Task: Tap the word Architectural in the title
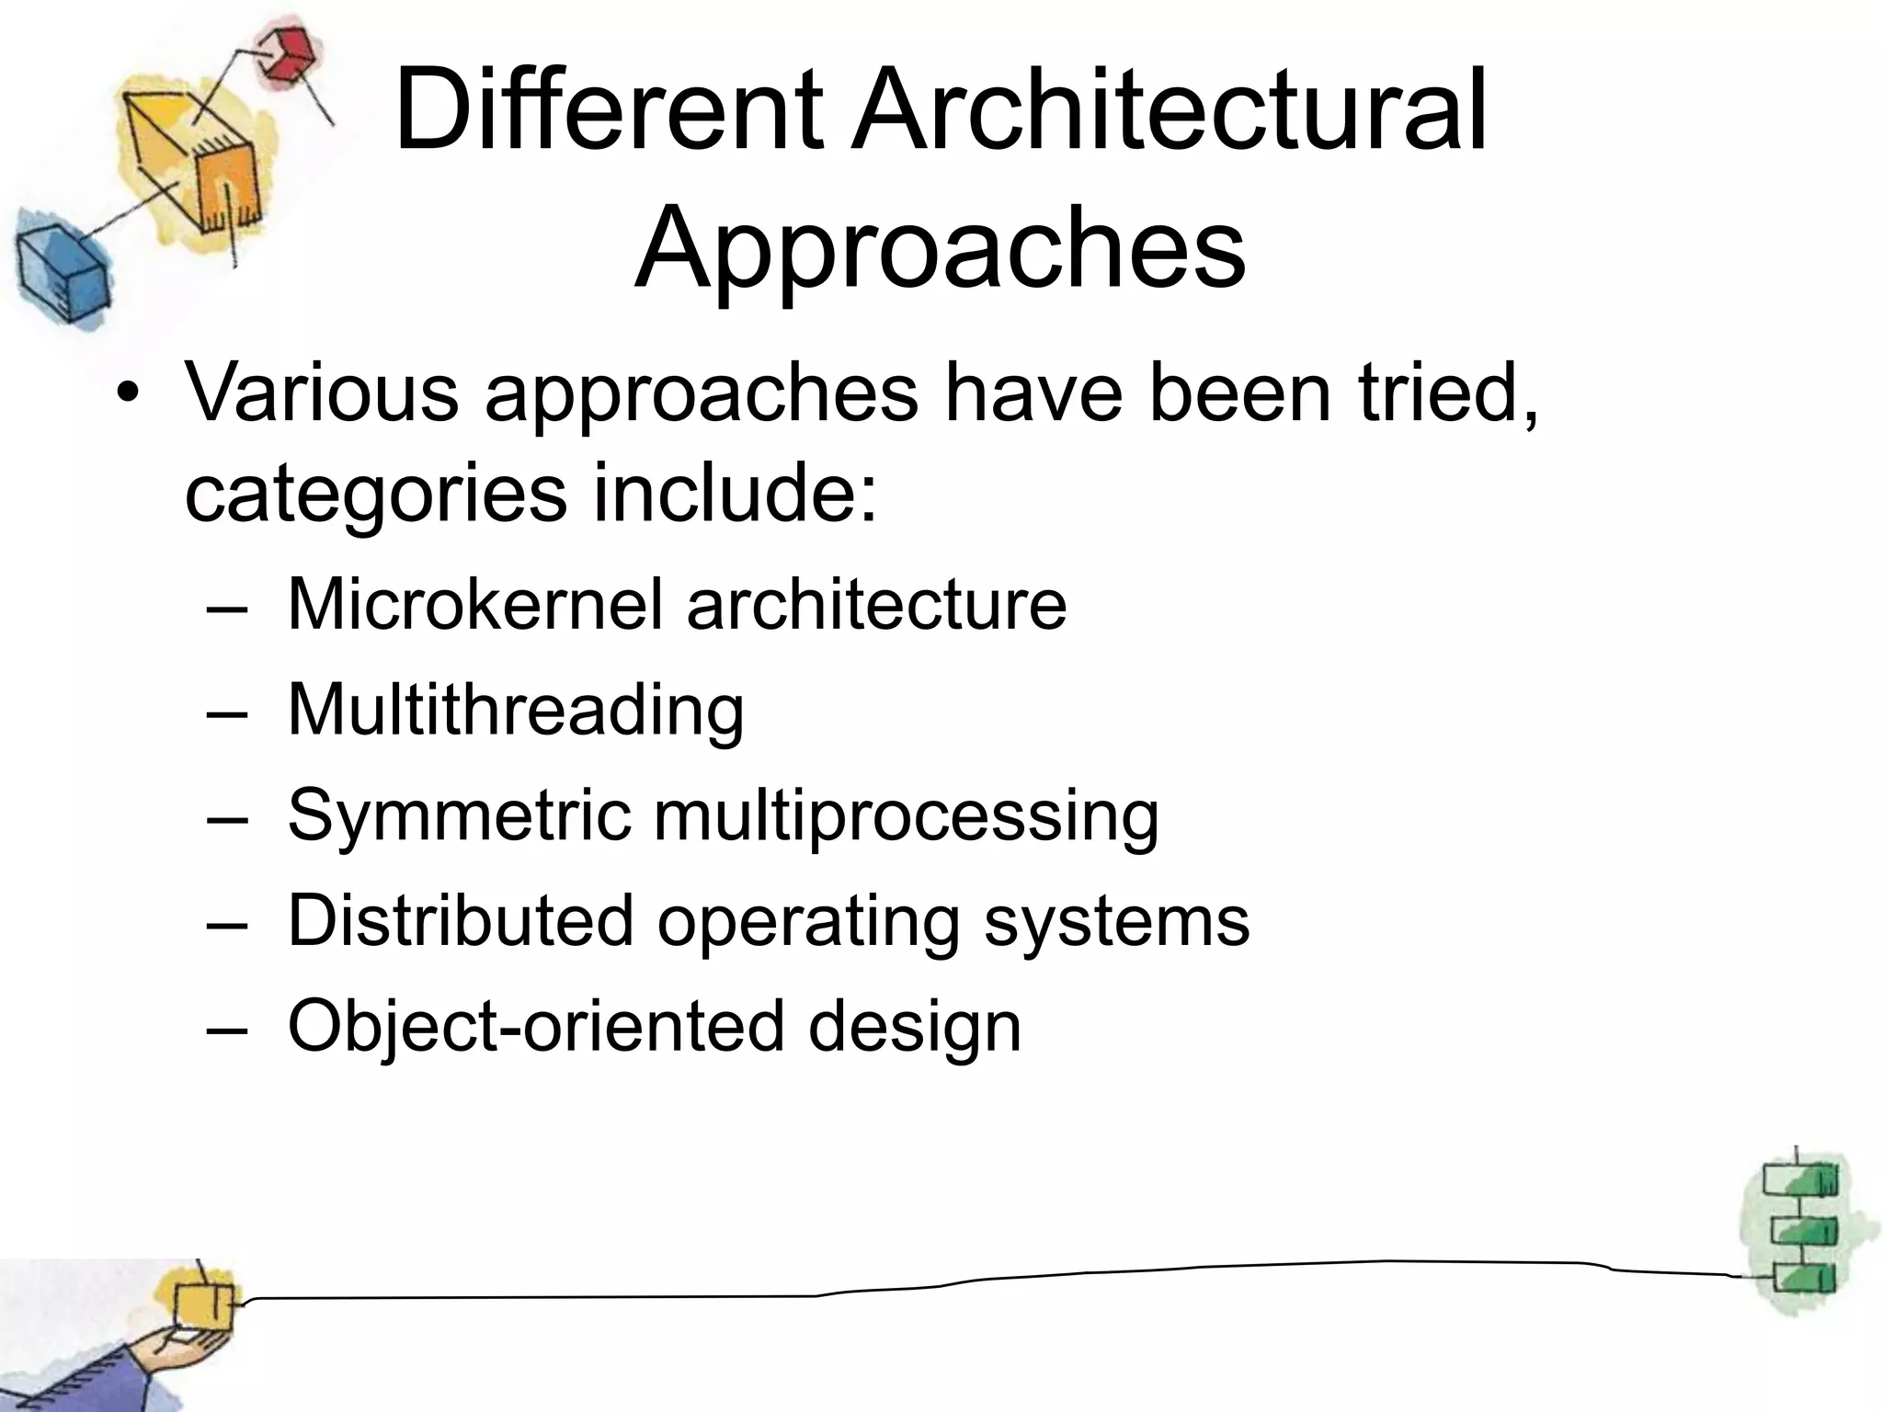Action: click(1168, 112)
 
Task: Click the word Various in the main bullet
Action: click(322, 393)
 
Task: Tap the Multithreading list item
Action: click(516, 710)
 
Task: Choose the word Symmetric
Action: click(459, 814)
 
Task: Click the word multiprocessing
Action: click(907, 816)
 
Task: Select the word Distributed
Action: click(461, 920)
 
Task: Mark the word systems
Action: click(1117, 922)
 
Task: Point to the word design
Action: click(915, 1027)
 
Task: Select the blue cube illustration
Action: click(61, 270)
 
